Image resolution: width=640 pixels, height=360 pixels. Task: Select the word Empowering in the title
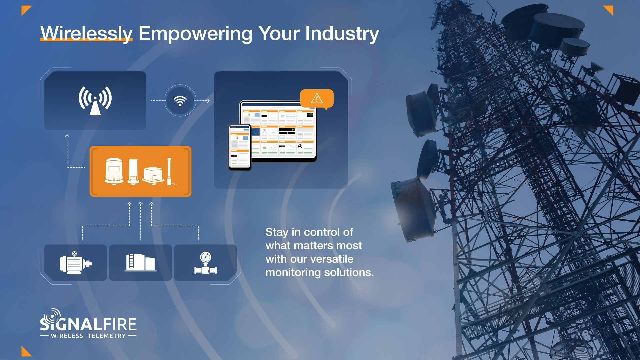tap(195, 34)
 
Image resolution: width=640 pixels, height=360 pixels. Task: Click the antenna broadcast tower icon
tap(95, 100)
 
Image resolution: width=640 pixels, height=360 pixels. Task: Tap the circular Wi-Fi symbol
tap(180, 100)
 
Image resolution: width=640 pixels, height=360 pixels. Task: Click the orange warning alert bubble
tap(317, 99)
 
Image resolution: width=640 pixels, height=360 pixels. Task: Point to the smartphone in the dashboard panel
tap(240, 147)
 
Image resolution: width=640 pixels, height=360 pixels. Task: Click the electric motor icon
tap(75, 263)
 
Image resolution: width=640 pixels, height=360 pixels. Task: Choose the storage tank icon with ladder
tap(140, 263)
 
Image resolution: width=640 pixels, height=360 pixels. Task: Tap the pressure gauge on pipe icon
tap(206, 263)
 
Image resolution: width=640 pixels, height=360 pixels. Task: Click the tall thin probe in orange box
tap(169, 171)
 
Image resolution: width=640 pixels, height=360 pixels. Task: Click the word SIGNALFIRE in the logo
tap(88, 324)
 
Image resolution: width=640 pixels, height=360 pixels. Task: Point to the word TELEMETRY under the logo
tap(107, 336)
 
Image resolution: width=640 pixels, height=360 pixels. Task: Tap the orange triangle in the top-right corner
tap(609, 9)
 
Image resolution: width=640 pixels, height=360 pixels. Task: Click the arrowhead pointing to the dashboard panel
tap(208, 100)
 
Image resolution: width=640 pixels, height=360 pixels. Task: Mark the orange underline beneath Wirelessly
tap(86, 40)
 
